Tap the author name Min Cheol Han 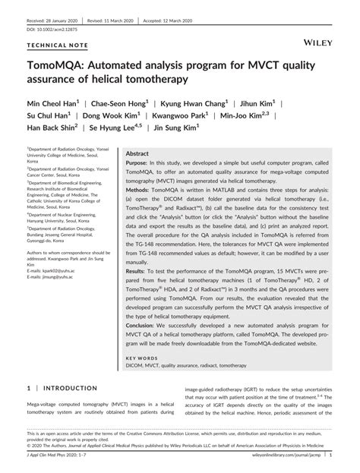point(60,102)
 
